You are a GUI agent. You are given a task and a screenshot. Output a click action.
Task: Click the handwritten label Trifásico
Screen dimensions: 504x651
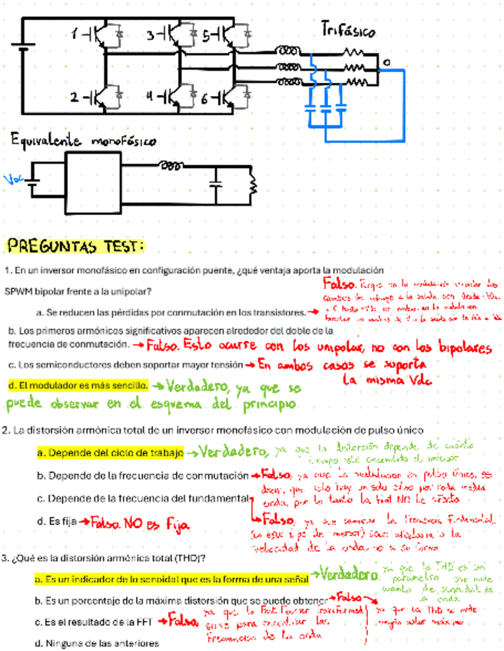[347, 30]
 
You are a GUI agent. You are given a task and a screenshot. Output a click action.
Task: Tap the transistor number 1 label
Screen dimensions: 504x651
[75, 34]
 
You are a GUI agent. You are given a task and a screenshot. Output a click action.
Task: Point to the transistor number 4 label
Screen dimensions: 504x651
[151, 97]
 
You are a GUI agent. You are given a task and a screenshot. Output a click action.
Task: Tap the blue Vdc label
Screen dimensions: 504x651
[13, 180]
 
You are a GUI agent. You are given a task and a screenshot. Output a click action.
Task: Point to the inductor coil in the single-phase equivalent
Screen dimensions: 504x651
[173, 164]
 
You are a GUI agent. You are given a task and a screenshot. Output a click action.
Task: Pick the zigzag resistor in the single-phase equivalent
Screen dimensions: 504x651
[250, 185]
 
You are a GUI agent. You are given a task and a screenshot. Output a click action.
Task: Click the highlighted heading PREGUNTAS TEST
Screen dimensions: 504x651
[75, 247]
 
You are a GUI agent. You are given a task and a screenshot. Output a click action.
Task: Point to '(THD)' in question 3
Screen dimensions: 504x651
[183, 557]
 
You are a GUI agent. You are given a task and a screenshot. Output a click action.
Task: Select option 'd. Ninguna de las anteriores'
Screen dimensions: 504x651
[97, 643]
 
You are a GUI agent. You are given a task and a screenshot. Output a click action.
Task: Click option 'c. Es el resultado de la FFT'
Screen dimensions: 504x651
[96, 621]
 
